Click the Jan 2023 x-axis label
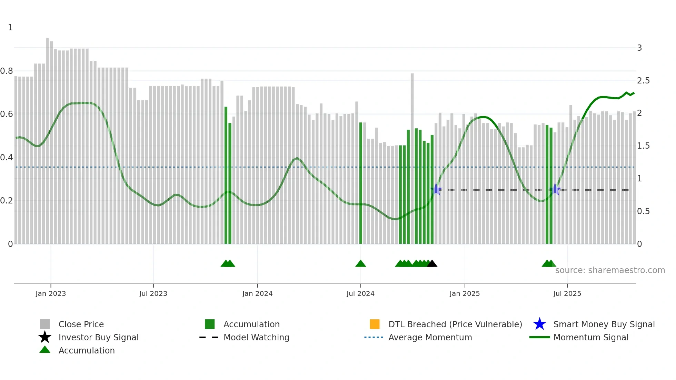[51, 293]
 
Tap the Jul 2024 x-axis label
[360, 293]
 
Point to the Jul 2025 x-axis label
[567, 293]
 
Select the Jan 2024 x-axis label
[257, 293]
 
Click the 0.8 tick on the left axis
[7, 71]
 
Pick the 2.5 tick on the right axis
[643, 81]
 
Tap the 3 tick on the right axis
[639, 48]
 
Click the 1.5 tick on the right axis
[643, 146]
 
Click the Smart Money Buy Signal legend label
[604, 324]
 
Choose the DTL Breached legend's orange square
[375, 324]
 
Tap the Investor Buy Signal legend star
[45, 337]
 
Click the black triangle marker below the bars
[432, 264]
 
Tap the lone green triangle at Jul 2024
[360, 264]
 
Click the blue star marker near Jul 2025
[555, 189]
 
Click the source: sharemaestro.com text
[610, 270]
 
